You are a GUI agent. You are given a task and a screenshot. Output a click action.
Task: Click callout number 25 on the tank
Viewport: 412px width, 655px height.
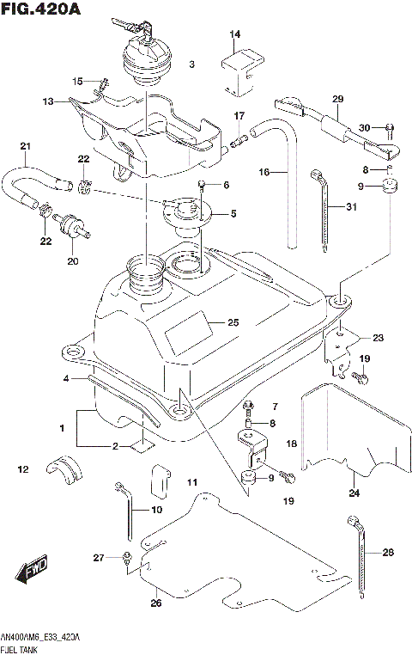232,323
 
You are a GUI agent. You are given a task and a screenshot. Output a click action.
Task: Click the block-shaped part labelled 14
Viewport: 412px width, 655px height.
239,69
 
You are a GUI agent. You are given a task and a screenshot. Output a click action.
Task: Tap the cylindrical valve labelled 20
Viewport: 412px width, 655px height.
71,226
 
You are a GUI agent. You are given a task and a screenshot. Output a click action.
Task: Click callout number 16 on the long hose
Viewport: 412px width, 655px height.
265,172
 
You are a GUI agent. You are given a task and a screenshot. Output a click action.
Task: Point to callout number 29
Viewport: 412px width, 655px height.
336,98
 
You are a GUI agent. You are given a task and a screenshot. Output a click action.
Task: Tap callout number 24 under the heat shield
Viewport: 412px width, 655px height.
353,493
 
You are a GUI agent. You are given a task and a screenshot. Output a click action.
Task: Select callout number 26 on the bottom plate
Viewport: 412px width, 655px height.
155,603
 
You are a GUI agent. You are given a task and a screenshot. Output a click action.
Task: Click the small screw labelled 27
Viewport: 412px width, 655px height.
127,560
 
